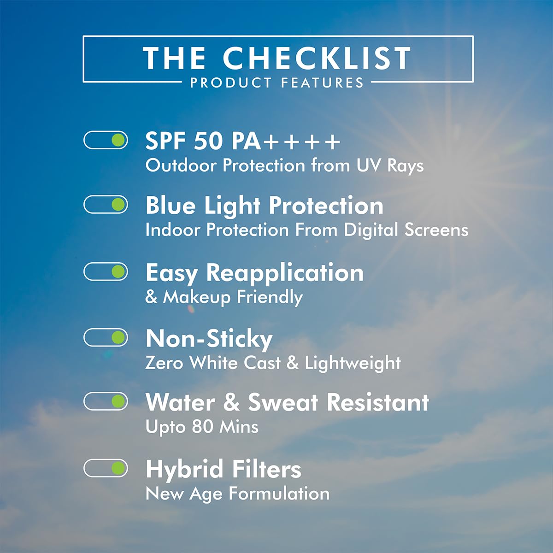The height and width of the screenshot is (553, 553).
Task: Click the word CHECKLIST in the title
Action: tap(317, 58)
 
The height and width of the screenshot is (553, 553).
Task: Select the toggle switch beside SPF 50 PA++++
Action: tap(106, 140)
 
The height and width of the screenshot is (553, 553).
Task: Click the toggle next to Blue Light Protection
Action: tap(106, 204)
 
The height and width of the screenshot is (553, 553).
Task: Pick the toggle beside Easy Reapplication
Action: tap(106, 271)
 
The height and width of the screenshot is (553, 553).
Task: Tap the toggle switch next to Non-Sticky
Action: tap(106, 337)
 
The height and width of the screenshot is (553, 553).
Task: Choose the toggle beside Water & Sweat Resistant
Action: tap(106, 401)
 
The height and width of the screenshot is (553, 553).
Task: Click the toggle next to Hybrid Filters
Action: tap(106, 468)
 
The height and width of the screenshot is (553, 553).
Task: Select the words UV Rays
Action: tap(390, 166)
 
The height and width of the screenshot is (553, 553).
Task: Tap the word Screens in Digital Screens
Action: tap(436, 230)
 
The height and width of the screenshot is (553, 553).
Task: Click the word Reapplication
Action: tap(285, 273)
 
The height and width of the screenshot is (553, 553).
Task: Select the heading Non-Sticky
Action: tap(209, 340)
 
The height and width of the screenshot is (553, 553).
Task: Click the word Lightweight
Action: tap(353, 363)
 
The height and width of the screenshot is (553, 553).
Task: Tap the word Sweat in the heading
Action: tap(283, 402)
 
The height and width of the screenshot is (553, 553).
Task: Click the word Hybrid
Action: tap(184, 469)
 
